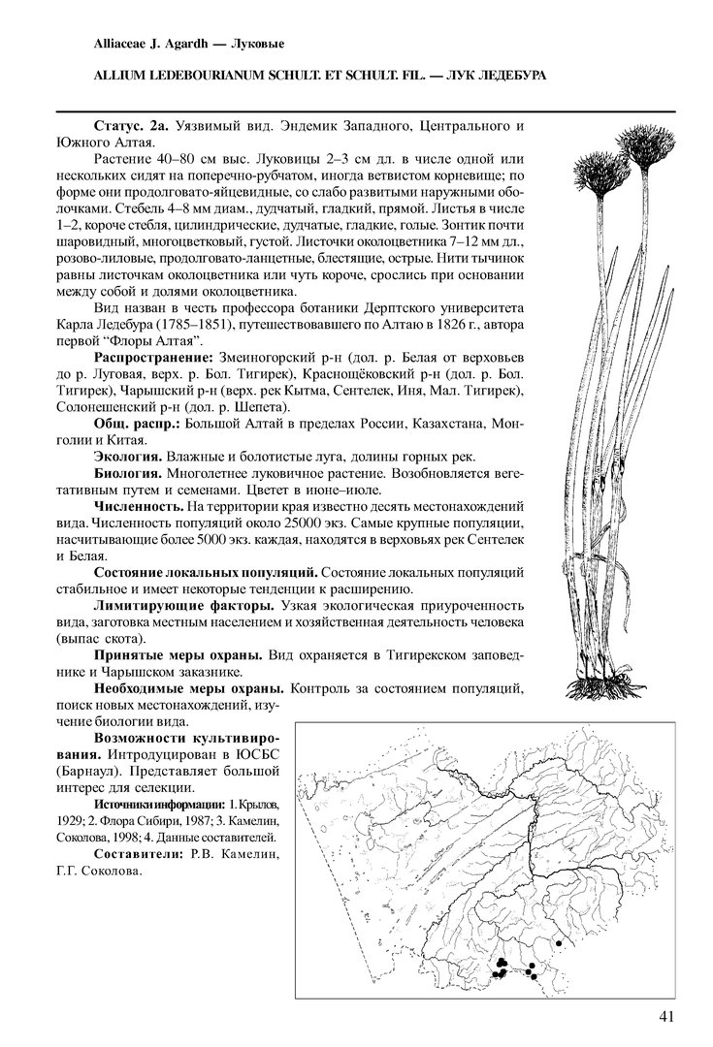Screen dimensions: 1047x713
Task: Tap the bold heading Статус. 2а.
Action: [131, 128]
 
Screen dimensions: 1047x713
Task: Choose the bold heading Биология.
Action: [127, 473]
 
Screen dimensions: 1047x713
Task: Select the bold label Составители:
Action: [138, 853]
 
